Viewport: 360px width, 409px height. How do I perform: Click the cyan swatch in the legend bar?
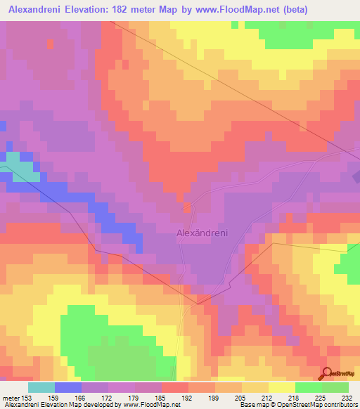(x=41, y=387)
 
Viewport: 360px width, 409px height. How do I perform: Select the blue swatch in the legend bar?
(x=67, y=387)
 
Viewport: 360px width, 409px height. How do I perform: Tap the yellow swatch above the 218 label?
(x=281, y=387)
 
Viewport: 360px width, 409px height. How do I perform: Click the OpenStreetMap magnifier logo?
(x=327, y=374)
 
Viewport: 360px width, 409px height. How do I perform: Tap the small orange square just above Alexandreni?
(x=187, y=207)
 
